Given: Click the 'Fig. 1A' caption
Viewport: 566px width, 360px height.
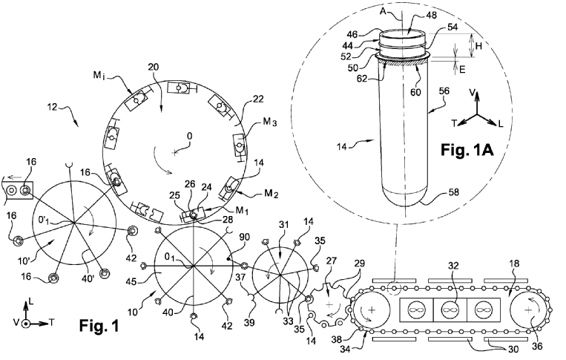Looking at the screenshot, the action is pos(467,149).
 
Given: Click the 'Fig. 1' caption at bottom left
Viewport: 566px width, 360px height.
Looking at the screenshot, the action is pos(99,326).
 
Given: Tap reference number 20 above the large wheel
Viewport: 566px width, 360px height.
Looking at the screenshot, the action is pos(153,67).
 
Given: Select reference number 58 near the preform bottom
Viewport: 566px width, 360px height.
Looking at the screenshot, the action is pos(454,192).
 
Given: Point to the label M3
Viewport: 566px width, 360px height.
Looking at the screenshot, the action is pos(269,122).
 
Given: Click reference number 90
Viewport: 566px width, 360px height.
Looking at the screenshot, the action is pos(244,238).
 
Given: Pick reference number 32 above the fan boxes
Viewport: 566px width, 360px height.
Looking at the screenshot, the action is pos(453,266).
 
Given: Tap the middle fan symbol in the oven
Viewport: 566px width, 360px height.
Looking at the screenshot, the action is pos(450,310).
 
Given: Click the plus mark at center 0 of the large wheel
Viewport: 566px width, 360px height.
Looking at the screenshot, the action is pos(175,153).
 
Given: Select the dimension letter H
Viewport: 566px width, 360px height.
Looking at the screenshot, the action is pos(478,46).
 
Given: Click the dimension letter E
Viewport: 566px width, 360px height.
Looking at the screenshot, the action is pos(462,69).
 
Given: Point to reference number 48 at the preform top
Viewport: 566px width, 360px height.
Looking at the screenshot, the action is pos(431,15).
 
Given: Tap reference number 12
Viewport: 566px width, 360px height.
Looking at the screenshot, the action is pos(53,107).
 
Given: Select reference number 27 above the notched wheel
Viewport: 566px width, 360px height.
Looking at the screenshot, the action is pos(332,261).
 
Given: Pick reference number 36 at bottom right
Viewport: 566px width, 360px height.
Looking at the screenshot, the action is pos(537,346).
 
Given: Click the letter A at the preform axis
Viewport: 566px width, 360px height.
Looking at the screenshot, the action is pos(384,12).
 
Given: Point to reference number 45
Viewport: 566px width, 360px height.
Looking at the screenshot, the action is pos(131,281).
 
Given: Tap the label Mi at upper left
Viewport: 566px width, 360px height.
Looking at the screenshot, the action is pos(99,76).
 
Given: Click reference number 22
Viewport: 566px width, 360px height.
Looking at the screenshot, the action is pos(258,99).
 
